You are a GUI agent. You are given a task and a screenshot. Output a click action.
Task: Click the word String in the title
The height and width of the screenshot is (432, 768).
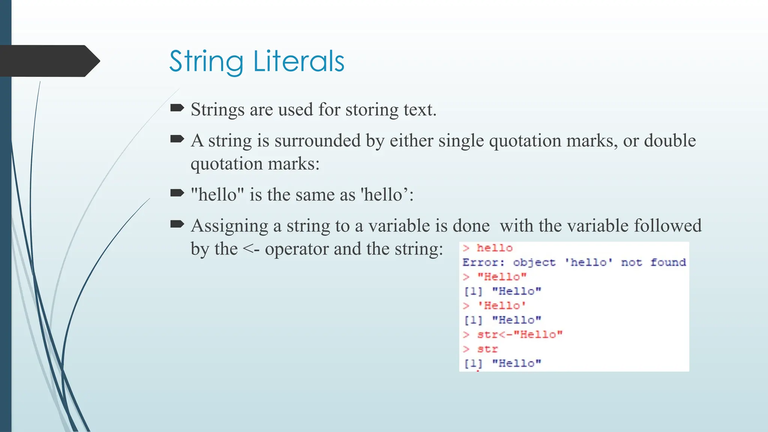206,62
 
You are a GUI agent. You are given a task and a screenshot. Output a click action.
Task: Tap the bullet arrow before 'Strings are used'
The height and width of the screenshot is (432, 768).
177,108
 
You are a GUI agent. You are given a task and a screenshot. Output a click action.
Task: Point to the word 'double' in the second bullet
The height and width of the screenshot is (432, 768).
670,141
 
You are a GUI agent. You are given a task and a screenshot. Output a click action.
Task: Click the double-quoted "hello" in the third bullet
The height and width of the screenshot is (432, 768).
217,195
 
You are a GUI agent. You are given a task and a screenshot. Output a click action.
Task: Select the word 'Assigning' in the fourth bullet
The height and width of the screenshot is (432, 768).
229,226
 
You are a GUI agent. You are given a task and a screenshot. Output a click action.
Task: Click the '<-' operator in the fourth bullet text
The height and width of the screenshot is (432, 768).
251,249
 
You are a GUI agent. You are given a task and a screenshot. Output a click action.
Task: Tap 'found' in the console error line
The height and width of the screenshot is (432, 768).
668,262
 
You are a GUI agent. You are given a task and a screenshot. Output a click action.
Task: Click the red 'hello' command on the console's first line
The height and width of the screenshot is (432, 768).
494,248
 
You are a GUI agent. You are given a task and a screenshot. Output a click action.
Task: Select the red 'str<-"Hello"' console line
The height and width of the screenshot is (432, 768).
519,334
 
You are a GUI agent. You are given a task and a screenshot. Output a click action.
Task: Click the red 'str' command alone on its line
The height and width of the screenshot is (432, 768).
487,349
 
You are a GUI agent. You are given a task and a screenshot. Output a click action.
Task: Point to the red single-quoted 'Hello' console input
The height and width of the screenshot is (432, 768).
501,306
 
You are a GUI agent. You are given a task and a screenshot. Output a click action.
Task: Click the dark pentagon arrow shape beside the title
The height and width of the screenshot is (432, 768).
49,61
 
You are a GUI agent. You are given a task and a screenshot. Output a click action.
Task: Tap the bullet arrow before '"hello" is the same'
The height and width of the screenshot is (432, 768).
177,193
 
